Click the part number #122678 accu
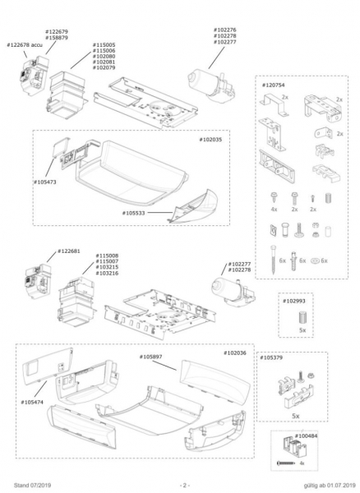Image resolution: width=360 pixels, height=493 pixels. tap(25, 45)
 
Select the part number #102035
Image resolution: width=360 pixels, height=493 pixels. tap(210, 140)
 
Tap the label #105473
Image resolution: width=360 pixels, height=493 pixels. tap(45, 182)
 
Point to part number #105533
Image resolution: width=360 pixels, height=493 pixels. tap(134, 213)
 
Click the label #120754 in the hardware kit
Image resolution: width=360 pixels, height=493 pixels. tap(274, 85)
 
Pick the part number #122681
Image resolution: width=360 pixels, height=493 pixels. tap(69, 251)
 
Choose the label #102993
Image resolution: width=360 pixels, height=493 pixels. tap(294, 301)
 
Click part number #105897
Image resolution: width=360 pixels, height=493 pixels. tap(151, 357)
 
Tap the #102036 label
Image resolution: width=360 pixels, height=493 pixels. tap(235, 353)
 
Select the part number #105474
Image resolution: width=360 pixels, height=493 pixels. tap(32, 402)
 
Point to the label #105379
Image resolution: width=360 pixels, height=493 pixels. tap(271, 357)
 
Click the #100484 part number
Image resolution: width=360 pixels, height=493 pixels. tap(306, 436)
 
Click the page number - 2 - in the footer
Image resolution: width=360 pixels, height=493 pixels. tap(185, 485)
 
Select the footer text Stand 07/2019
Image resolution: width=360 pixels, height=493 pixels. tap(32, 486)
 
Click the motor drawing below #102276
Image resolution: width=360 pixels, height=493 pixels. tap(211, 84)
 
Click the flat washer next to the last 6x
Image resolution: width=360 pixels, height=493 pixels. tap(315, 260)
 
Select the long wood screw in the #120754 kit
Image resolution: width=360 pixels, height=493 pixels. tap(273, 260)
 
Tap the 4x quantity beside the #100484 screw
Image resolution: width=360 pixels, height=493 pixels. tap(302, 463)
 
